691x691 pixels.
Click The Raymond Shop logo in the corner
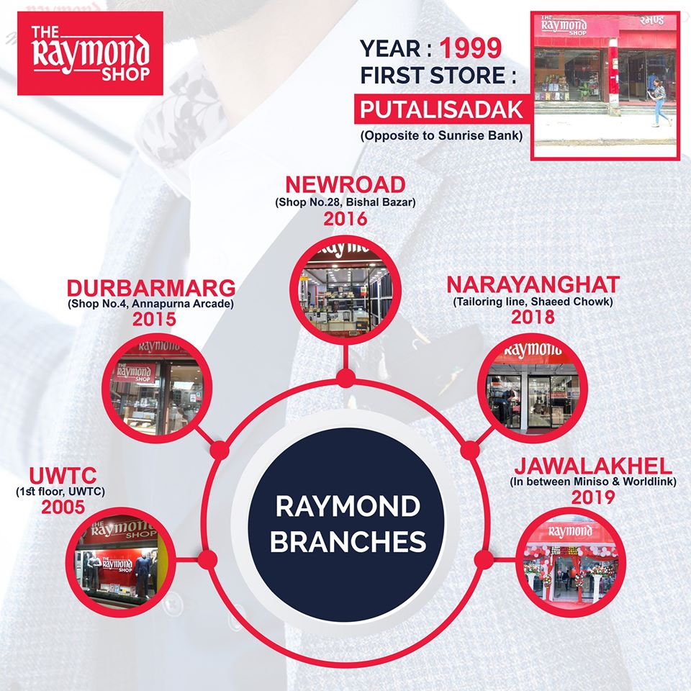click(90, 53)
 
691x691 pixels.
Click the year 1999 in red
click(471, 48)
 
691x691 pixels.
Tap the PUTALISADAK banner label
click(441, 109)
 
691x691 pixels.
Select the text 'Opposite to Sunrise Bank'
click(441, 135)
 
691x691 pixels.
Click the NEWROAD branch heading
click(345, 185)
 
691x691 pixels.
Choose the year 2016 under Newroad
click(345, 219)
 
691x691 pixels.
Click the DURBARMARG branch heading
click(151, 288)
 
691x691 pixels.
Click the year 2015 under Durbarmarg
click(154, 319)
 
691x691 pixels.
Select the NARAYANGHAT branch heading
click(533, 285)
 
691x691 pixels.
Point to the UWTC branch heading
click(63, 476)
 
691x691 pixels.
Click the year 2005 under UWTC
click(63, 507)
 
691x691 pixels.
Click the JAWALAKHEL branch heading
click(593, 466)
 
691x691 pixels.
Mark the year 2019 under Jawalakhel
click(593, 497)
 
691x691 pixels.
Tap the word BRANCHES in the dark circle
click(348, 541)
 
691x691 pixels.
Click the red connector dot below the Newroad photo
click(346, 378)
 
